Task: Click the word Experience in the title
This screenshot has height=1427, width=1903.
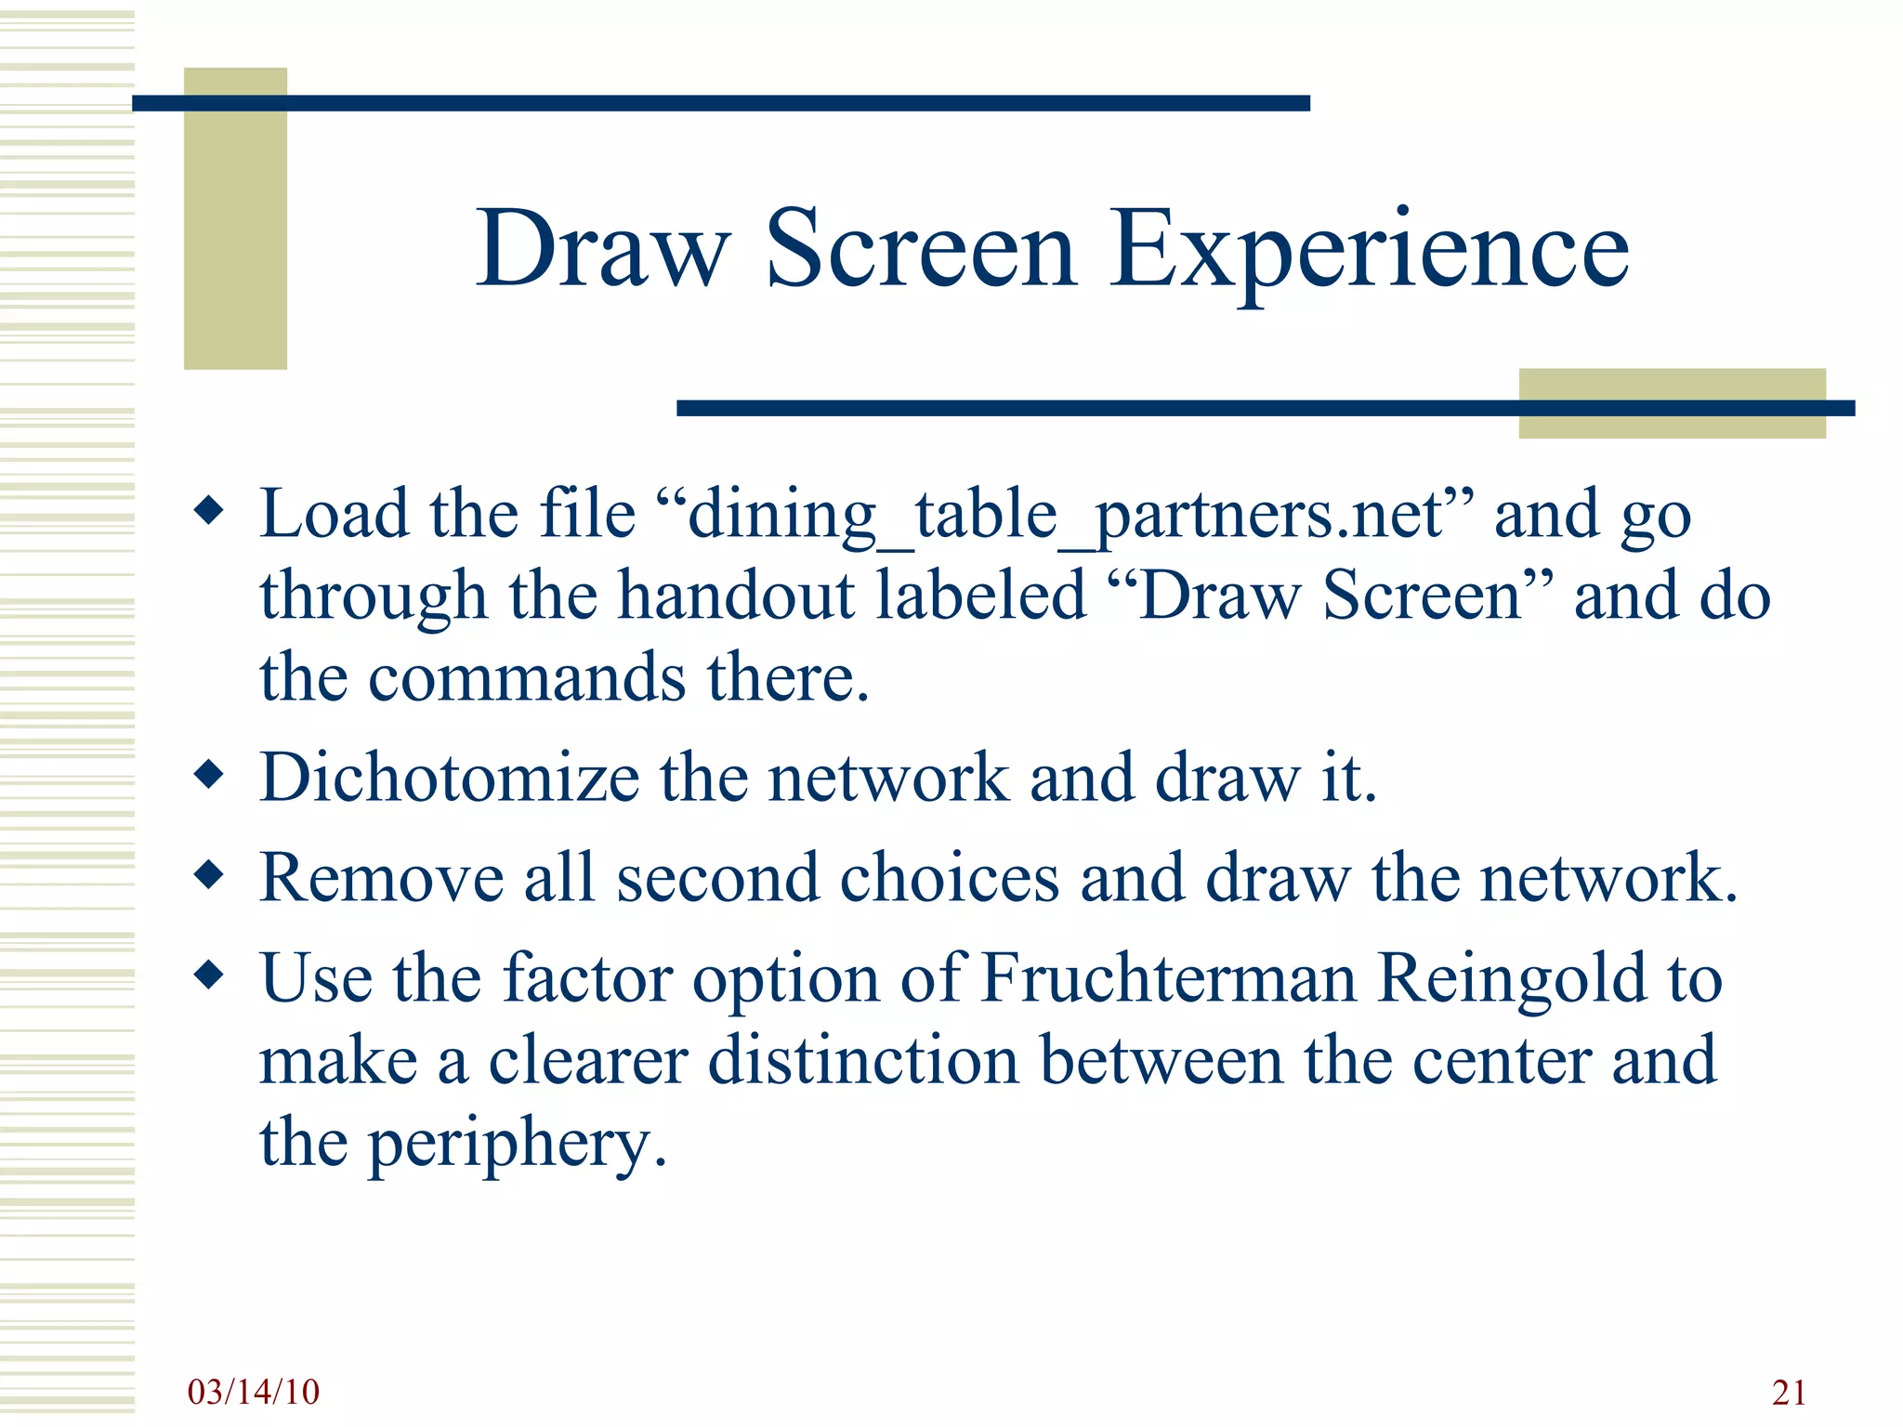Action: (x=1369, y=249)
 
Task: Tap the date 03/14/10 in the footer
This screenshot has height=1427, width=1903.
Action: (x=253, y=1392)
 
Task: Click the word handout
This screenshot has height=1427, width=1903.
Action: (x=737, y=596)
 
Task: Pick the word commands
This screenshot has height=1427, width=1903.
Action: (x=528, y=677)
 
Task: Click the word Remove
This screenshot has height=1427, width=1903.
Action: (x=382, y=877)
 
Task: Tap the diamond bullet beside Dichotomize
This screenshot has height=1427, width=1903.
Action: (x=209, y=774)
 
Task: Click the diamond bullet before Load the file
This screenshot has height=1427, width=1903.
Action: (x=209, y=510)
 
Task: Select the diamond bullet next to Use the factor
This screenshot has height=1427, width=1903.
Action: (x=209, y=975)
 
